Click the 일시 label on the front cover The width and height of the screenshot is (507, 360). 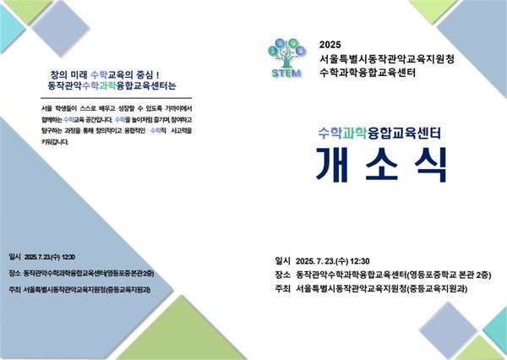pos(283,260)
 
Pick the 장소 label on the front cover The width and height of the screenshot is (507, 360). pos(283,275)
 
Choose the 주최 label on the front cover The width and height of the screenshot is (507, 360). pos(283,289)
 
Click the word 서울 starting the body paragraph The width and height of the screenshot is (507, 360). pos(48,110)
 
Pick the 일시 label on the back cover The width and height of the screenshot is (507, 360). pos(14,256)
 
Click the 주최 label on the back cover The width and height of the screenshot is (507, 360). pos(14,287)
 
